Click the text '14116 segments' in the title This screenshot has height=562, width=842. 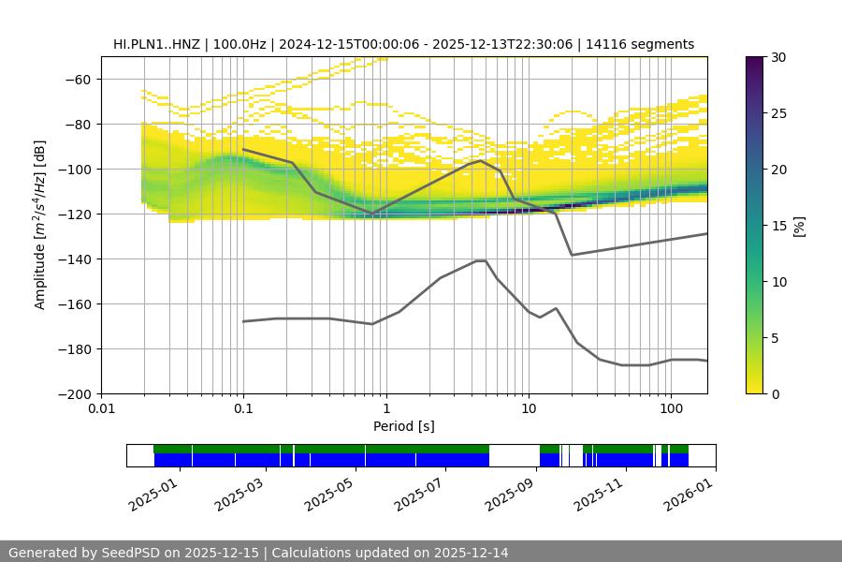pos(647,44)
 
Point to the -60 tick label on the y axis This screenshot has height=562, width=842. pos(77,80)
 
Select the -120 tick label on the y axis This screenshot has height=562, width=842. pos(73,214)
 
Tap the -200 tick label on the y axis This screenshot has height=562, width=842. pos(73,394)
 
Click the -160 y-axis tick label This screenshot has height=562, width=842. pos(73,304)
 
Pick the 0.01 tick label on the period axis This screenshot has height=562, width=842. pos(101,409)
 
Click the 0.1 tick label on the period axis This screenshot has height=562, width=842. pos(243,409)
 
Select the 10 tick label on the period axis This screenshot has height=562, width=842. pos(528,409)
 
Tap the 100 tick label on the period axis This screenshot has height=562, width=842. pos(670,409)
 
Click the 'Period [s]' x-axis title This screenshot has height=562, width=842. pos(404,427)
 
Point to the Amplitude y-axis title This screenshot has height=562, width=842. pos(40,225)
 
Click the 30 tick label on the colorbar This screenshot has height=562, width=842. pos(777,57)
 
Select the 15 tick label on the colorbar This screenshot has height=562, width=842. pos(777,226)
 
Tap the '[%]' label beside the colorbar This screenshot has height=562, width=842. pos(798,225)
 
